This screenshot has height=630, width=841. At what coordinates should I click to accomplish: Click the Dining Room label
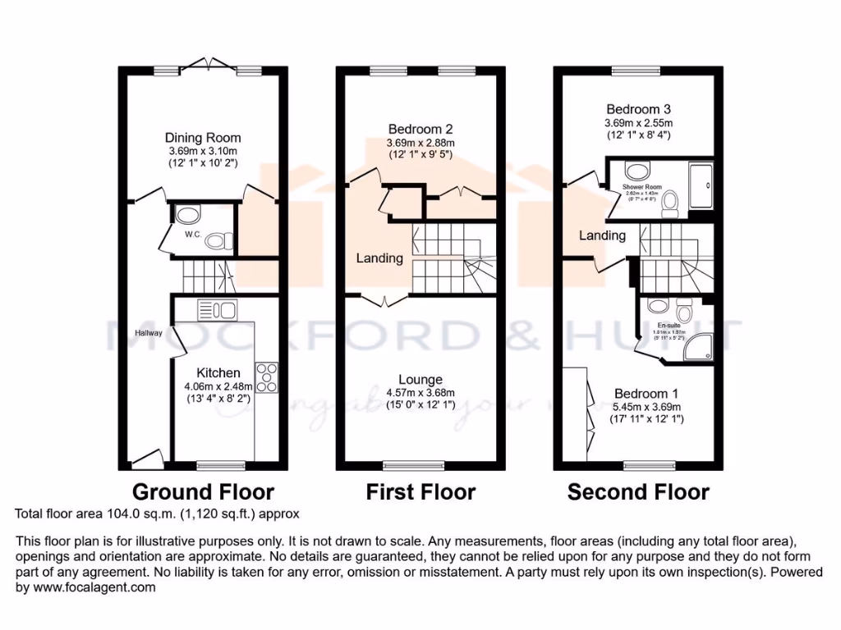(203, 137)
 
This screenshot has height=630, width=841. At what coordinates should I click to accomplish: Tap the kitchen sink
(217, 311)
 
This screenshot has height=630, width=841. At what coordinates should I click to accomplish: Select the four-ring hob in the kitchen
(267, 377)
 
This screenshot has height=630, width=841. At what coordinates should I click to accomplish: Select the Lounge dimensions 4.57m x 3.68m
(420, 393)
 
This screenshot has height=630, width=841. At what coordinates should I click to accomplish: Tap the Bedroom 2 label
(420, 129)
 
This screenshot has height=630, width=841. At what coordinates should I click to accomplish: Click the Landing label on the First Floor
(379, 258)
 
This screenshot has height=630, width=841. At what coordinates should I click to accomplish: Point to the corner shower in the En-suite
(699, 348)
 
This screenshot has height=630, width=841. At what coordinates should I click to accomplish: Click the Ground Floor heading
(203, 492)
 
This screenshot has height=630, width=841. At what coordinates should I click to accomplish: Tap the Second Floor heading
(638, 492)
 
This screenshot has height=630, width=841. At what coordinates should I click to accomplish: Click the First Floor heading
(420, 492)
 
